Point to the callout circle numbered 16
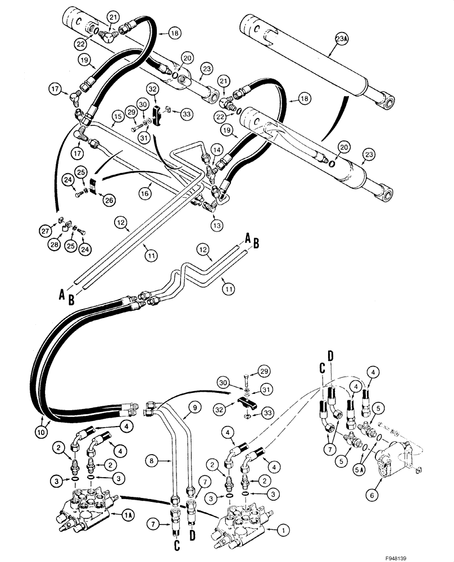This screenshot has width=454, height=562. click(x=144, y=192)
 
